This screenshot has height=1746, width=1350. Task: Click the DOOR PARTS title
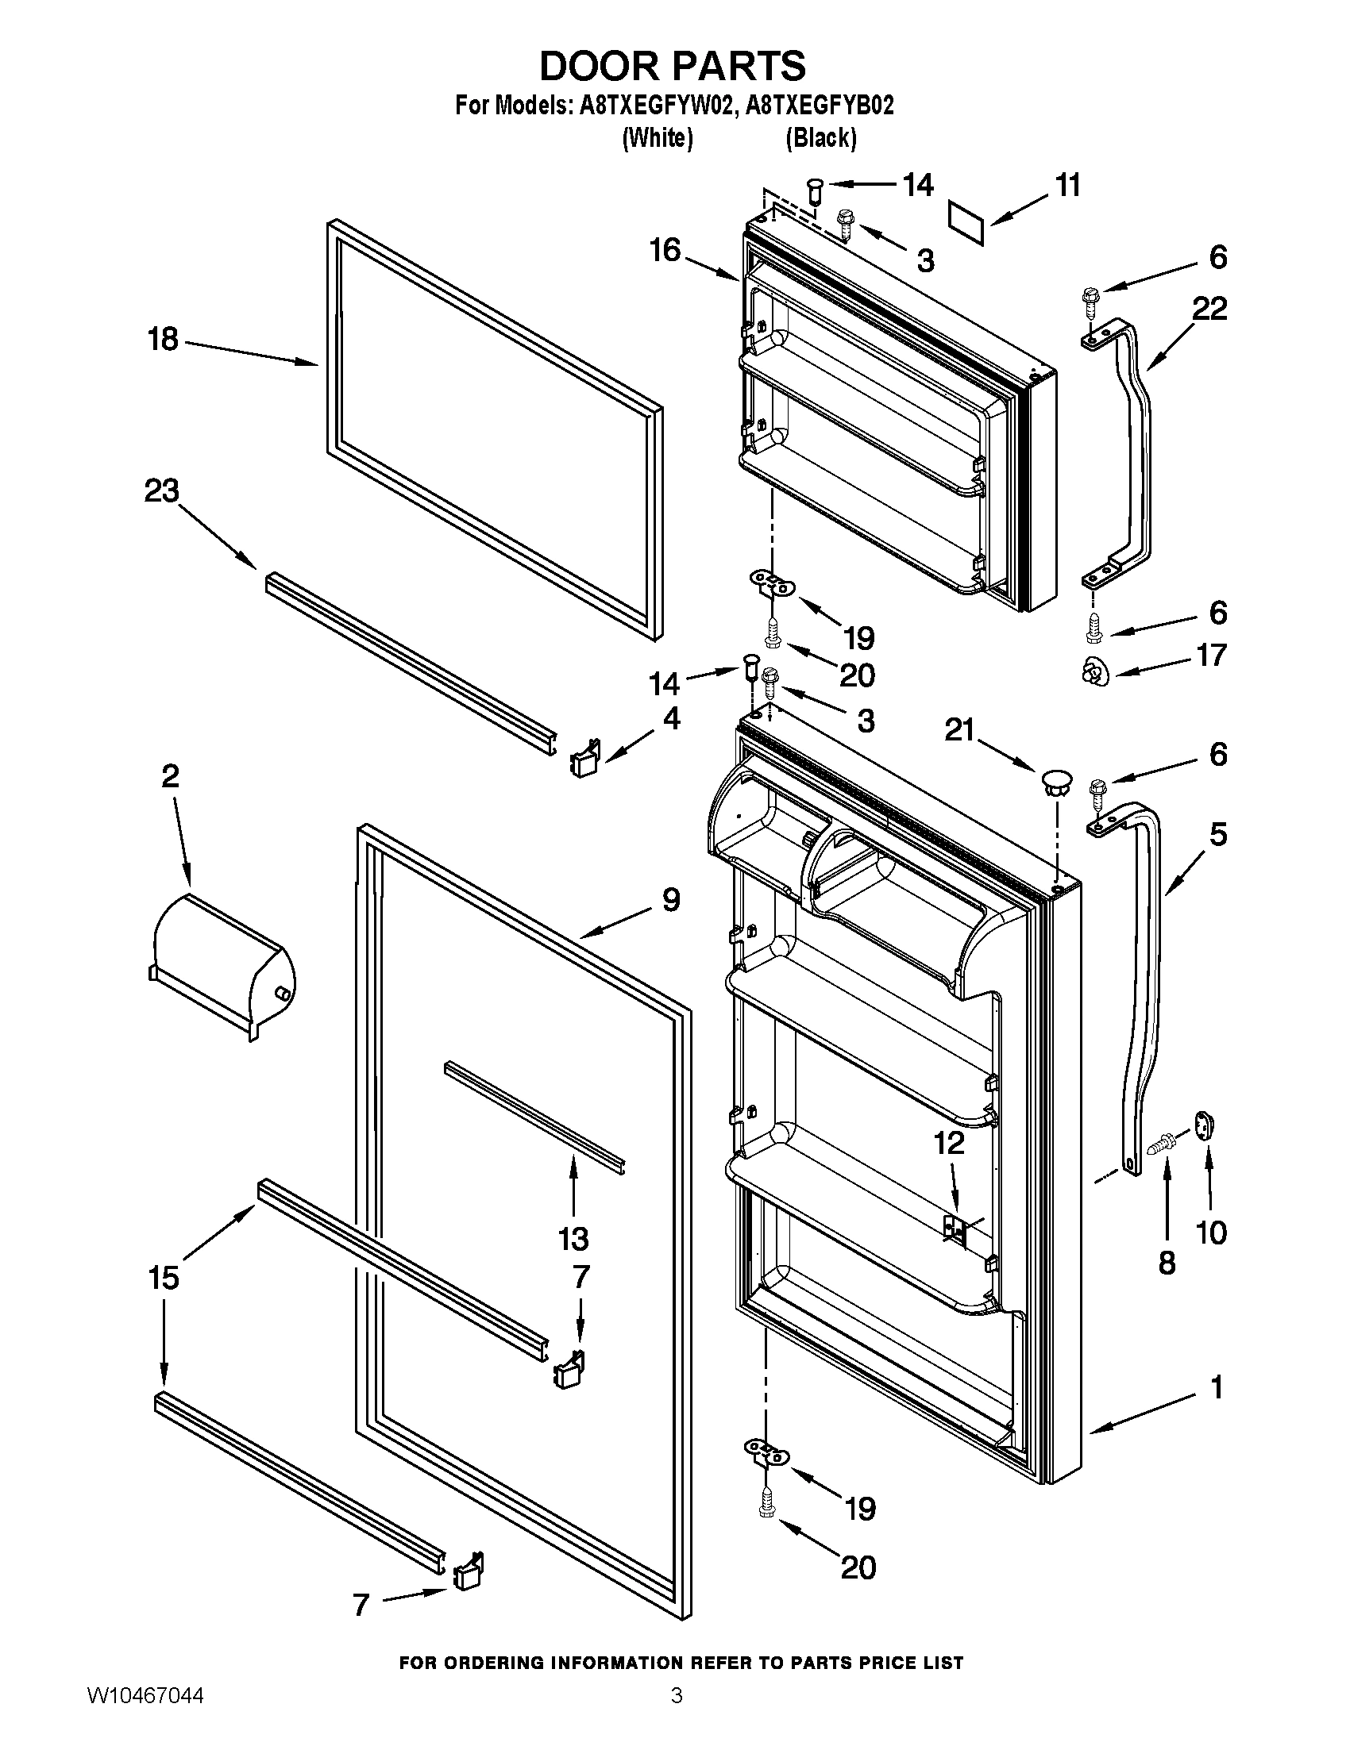pyautogui.click(x=673, y=66)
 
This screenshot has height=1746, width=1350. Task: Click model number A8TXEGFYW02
pyautogui.click(x=651, y=106)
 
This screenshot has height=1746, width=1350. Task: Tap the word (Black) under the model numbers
pyautogui.click(x=820, y=138)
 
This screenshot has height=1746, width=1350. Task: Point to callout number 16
pyautogui.click(x=665, y=250)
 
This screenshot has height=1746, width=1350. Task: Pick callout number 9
pyautogui.click(x=670, y=900)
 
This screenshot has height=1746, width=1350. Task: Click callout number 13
pyautogui.click(x=573, y=1238)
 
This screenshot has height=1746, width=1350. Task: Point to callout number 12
pyautogui.click(x=949, y=1143)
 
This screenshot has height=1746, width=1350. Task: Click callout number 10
pyautogui.click(x=1211, y=1233)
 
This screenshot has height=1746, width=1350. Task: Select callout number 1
pyautogui.click(x=1217, y=1388)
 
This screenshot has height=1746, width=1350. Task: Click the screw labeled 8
pyautogui.click(x=1159, y=1143)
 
